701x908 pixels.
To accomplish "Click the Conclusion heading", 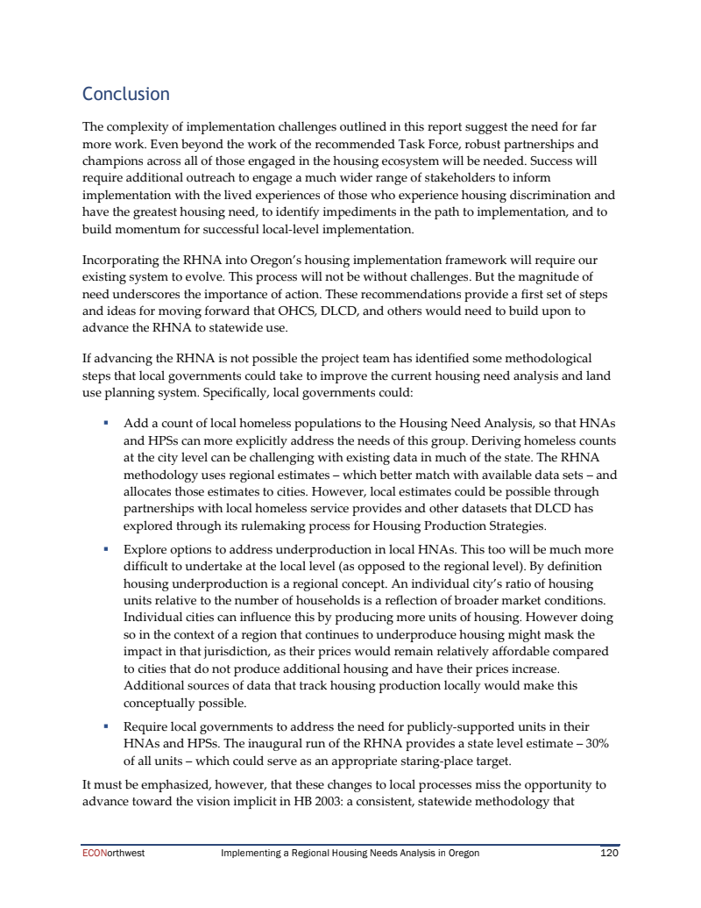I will tap(125, 94).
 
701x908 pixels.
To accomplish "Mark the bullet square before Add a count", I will tap(105, 422).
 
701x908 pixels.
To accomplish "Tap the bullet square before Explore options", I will tap(105, 550).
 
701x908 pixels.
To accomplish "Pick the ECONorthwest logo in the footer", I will tap(107, 852).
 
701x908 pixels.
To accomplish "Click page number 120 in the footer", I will tap(609, 852).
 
